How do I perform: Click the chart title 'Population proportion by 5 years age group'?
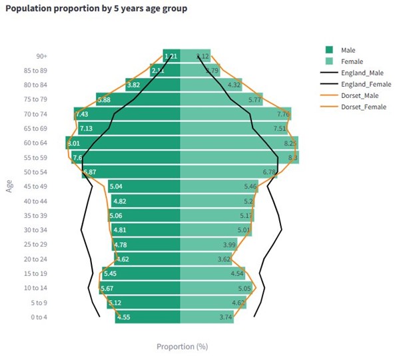pyautogui.click(x=96, y=9)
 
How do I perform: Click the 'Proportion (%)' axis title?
pyautogui.click(x=182, y=347)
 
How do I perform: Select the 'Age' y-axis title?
pyautogui.click(x=10, y=187)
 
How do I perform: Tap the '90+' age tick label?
pyautogui.click(x=41, y=56)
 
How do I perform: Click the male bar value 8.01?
pyautogui.click(x=74, y=143)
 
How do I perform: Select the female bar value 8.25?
pyautogui.click(x=290, y=143)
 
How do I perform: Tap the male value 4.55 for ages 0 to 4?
pyautogui.click(x=123, y=317)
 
